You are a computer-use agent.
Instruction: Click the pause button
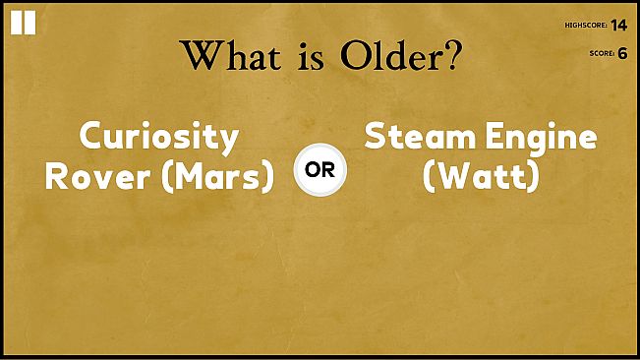pyautogui.click(x=23, y=23)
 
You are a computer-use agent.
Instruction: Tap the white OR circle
pyautogui.click(x=320, y=169)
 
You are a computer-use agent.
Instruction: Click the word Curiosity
pyautogui.click(x=158, y=137)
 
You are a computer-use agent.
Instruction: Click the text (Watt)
pyautogui.click(x=480, y=177)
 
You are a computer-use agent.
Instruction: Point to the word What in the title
pyautogui.click(x=226, y=57)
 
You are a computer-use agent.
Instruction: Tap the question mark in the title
pyautogui.click(x=449, y=57)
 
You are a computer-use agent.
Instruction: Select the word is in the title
pyautogui.click(x=298, y=57)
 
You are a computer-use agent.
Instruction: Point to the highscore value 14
pyautogui.click(x=618, y=25)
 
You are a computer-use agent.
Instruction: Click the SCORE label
pyautogui.click(x=601, y=53)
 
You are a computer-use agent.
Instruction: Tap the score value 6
pyautogui.click(x=622, y=53)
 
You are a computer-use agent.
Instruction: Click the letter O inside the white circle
pyautogui.click(x=312, y=169)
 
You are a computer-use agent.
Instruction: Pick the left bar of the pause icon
pyautogui.click(x=17, y=23)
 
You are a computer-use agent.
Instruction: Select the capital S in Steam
pyautogui.click(x=376, y=137)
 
